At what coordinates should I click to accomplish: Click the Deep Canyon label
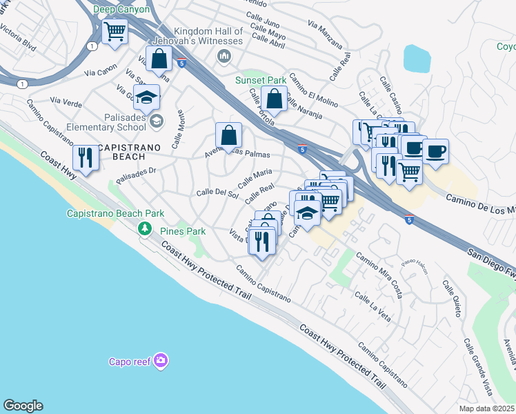[x=121, y=10]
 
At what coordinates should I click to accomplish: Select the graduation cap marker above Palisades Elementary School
[x=147, y=98]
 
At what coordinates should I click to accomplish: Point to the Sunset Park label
[x=261, y=80]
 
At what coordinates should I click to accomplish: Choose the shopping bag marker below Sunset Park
[x=275, y=99]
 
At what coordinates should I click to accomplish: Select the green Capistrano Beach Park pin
[x=144, y=228]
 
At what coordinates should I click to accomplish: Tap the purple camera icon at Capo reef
[x=161, y=360]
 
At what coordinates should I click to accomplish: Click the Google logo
[x=23, y=406]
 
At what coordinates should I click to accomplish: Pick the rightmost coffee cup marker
[x=435, y=151]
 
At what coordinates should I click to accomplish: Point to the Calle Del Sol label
[x=217, y=193]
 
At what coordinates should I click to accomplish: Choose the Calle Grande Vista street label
[x=477, y=364]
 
